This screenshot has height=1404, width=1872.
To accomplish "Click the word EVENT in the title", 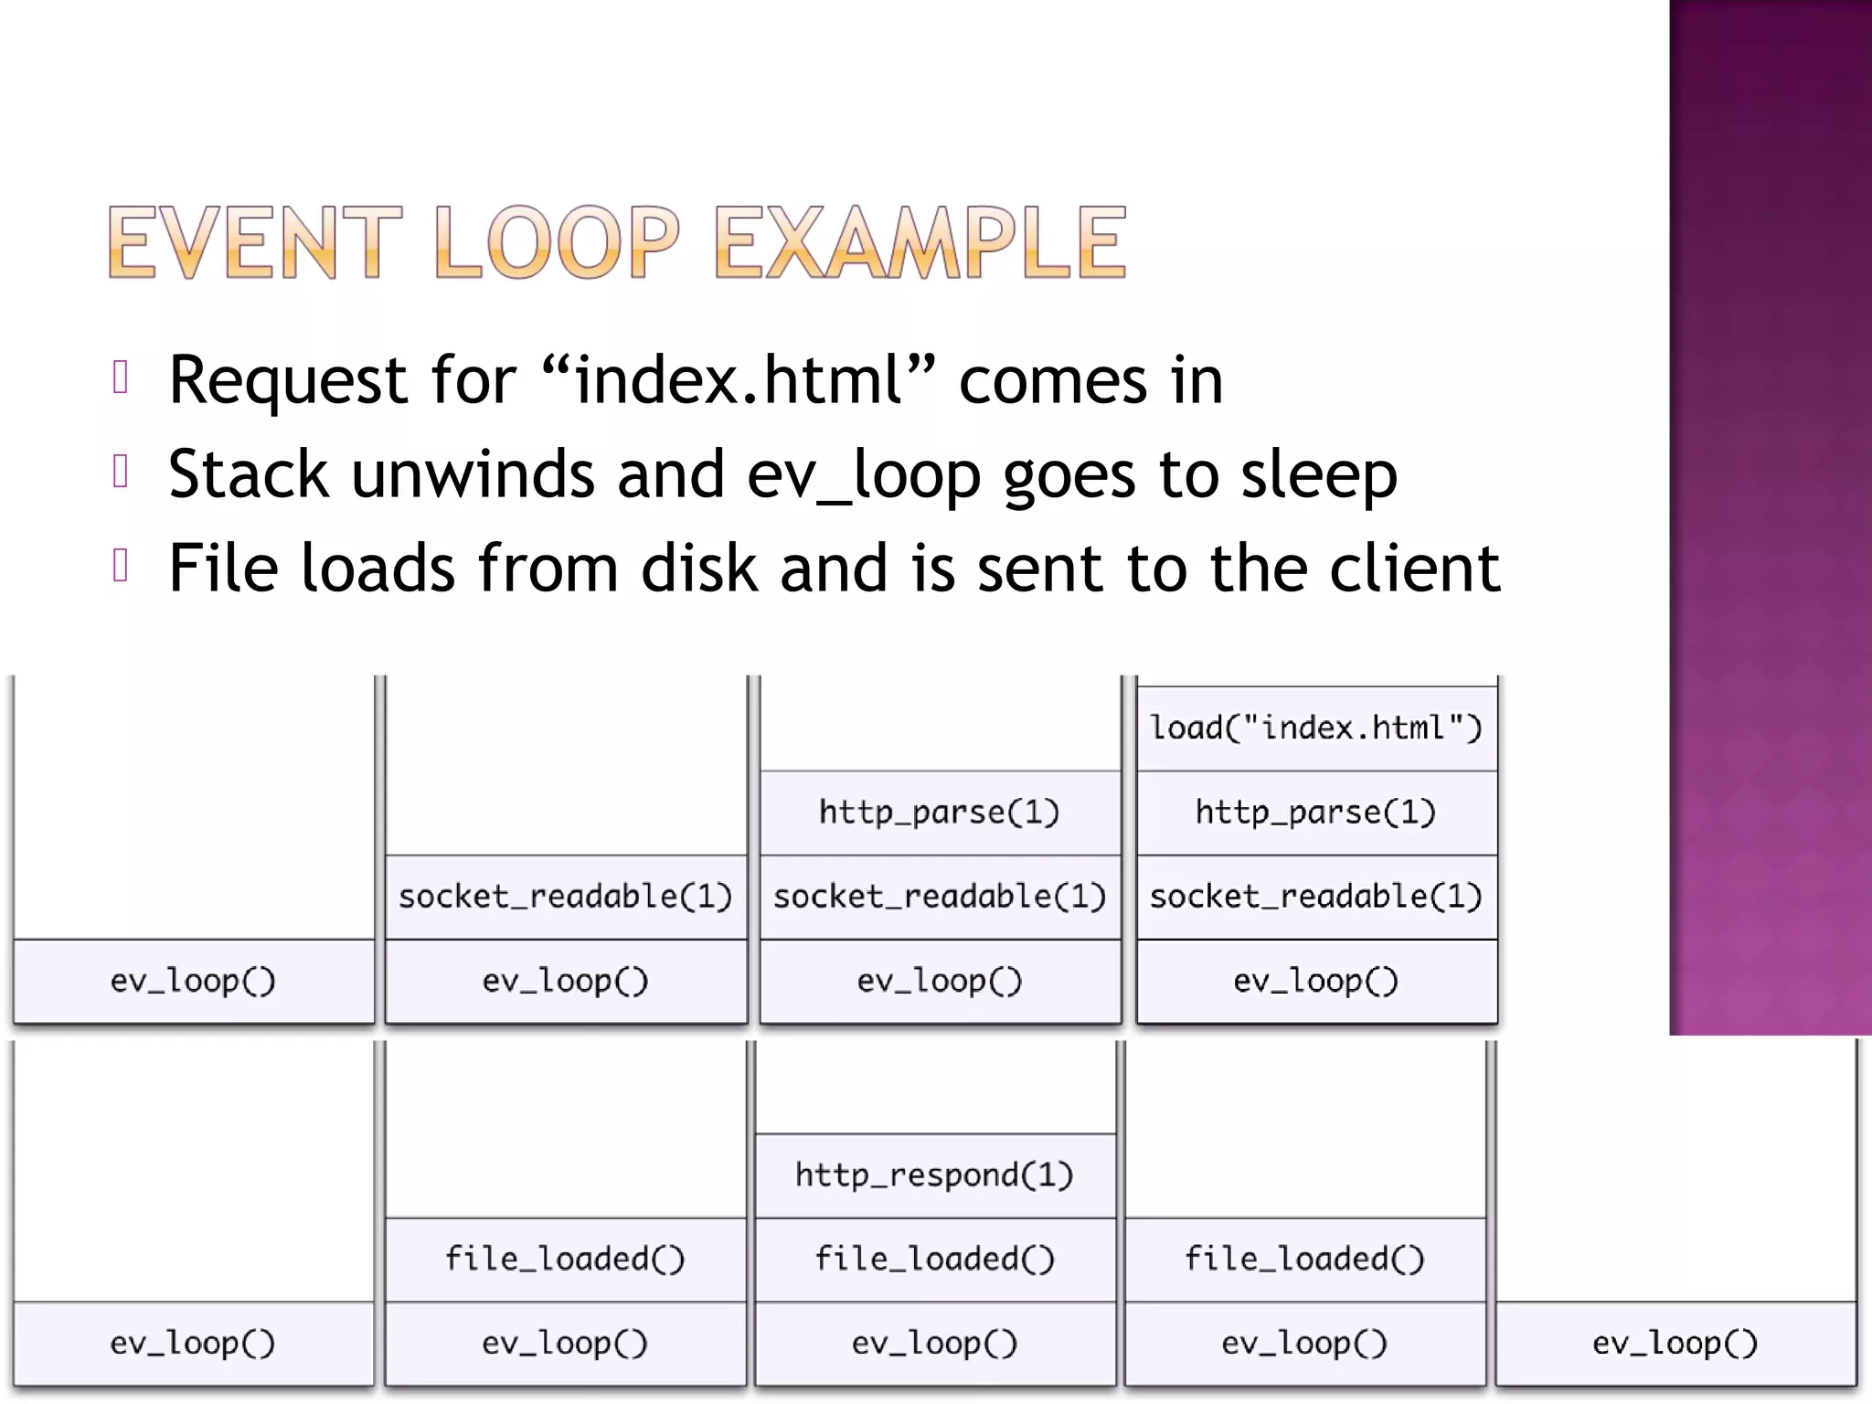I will click(x=254, y=242).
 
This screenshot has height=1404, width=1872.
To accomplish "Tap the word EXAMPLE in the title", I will click(x=920, y=242).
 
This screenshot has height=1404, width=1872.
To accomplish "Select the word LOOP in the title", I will click(x=557, y=242).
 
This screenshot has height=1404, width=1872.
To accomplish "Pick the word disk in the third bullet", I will click(x=698, y=569).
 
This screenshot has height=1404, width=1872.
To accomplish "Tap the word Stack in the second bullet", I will click(x=248, y=475).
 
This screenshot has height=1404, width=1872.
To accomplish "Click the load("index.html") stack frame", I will click(x=1315, y=729).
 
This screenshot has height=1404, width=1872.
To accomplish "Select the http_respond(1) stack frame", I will click(x=934, y=1175).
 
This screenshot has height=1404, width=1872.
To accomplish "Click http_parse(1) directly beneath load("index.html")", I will click(x=1315, y=812).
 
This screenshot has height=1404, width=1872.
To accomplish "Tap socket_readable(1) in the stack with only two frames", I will click(x=566, y=897).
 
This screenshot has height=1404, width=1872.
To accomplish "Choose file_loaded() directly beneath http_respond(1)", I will click(x=934, y=1259).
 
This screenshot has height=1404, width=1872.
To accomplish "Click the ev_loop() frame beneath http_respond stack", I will click(x=934, y=1343).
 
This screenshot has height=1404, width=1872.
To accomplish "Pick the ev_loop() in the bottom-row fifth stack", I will click(x=1675, y=1343).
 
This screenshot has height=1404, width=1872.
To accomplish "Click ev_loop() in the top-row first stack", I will click(x=193, y=981).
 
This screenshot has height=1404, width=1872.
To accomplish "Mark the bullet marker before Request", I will click(x=120, y=378).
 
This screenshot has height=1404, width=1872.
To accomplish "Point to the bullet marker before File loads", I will click(x=120, y=566).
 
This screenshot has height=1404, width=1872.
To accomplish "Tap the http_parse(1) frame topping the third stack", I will click(x=939, y=812).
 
